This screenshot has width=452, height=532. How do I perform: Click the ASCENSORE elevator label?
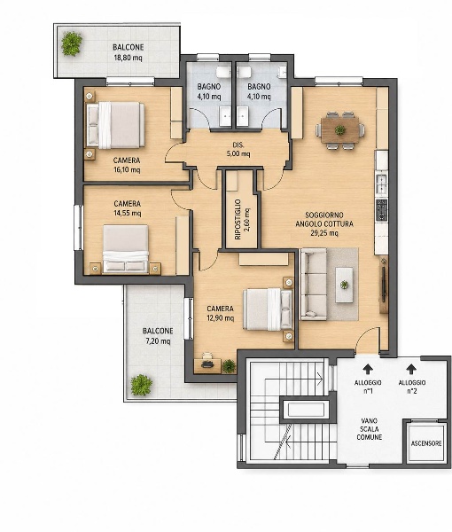click(x=426, y=443)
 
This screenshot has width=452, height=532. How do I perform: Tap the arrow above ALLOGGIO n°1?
click(x=368, y=369)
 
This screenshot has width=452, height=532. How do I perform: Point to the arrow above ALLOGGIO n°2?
click(x=411, y=369)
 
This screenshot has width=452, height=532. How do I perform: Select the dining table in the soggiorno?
click(x=340, y=129)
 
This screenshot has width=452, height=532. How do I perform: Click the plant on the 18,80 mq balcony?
click(x=72, y=43)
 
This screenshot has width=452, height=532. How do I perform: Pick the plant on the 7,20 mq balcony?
click(x=142, y=385)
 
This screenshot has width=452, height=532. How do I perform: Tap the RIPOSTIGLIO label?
click(x=242, y=219)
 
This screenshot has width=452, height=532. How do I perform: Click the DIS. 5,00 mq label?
click(x=238, y=149)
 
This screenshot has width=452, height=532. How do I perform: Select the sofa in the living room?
click(x=314, y=285)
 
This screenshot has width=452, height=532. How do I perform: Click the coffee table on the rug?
click(x=344, y=285)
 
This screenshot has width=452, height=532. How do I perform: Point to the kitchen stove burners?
click(x=381, y=209)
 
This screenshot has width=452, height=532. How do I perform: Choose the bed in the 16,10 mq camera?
click(x=115, y=125)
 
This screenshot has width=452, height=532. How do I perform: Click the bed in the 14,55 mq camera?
click(x=126, y=248)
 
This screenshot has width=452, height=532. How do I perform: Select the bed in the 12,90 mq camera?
click(x=268, y=309)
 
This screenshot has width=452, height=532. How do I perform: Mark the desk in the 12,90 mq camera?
click(x=207, y=365)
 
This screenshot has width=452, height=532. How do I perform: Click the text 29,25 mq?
click(x=324, y=233)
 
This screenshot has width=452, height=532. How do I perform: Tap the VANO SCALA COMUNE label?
click(x=370, y=429)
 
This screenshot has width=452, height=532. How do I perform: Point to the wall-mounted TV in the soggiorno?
click(x=384, y=285)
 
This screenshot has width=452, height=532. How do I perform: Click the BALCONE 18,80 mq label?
click(x=129, y=52)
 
